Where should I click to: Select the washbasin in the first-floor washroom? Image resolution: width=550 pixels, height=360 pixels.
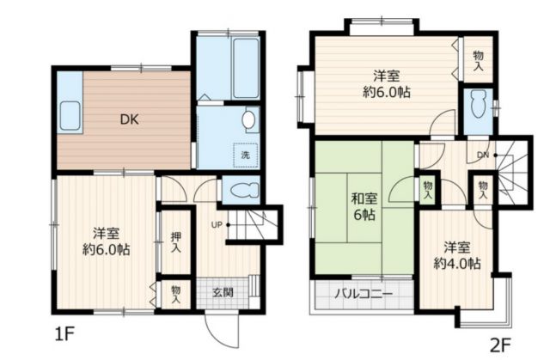248,119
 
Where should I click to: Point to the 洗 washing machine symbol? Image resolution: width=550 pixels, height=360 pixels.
245,155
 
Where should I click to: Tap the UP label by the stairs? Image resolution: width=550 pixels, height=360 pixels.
217,225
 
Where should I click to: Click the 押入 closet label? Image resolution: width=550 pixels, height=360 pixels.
175,241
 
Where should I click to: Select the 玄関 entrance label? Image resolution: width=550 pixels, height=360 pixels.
221,292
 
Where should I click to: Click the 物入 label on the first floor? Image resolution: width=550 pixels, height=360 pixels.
175,295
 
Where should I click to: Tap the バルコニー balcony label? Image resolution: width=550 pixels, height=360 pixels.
364,294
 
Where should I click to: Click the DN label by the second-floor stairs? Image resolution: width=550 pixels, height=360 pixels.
484,155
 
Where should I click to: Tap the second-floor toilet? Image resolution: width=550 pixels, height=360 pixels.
478,104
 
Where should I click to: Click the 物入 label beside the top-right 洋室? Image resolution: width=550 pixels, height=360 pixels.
478,59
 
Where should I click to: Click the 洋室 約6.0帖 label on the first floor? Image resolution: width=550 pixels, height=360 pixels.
107,242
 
